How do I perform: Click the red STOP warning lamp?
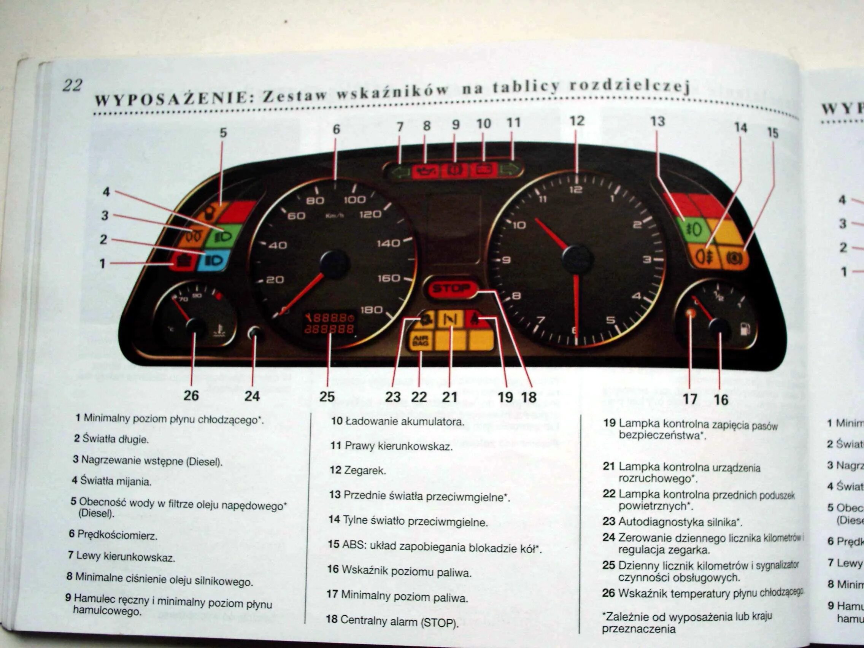pyautogui.click(x=451, y=289)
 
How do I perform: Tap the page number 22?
pyautogui.click(x=72, y=85)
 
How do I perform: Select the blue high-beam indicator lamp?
pyautogui.click(x=212, y=260)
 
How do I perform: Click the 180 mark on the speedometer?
pyautogui.click(x=371, y=310)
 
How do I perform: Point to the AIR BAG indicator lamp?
pyautogui.click(x=420, y=341)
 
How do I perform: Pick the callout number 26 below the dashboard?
pyautogui.click(x=191, y=395)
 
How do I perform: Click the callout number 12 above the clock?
pyautogui.click(x=577, y=121)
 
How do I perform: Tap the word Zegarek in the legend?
pyautogui.click(x=364, y=470)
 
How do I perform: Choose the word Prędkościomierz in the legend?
pyautogui.click(x=117, y=535)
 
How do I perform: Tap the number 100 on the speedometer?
pyautogui.click(x=354, y=200)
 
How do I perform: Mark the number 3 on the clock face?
pyautogui.click(x=647, y=259)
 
